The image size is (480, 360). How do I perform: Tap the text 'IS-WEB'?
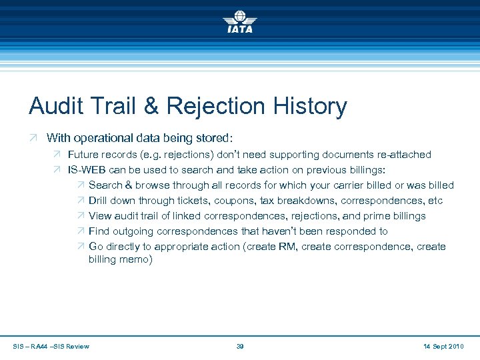(87, 170)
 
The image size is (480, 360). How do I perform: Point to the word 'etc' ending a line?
(435, 201)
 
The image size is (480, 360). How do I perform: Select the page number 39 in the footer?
(240, 346)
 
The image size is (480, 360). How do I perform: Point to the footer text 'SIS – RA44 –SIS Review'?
(51, 346)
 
